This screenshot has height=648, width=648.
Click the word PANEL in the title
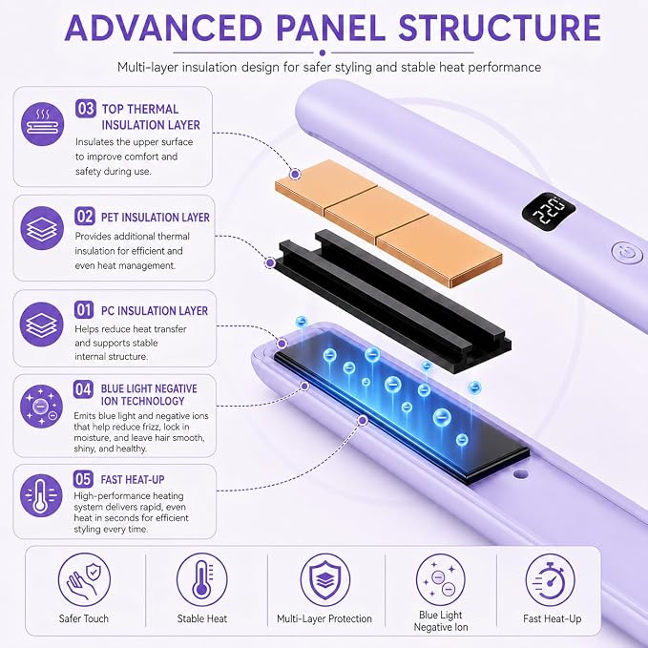pos(330,28)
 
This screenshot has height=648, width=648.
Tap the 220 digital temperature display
pos(549,211)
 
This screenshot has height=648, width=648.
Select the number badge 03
pos(86,109)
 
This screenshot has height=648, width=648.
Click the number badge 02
pos(85,216)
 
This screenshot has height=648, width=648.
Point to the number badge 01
pos(84,309)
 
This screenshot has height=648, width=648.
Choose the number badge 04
pos(83,388)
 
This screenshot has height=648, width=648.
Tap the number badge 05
pos(83,479)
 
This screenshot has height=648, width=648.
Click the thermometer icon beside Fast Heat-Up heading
pos(41,495)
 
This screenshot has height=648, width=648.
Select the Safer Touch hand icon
pos(84,579)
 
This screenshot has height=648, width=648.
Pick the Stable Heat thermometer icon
pos(202,579)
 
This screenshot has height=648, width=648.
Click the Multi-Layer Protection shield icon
pos(324,579)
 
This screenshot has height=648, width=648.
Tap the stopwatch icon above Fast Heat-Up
pos(550,579)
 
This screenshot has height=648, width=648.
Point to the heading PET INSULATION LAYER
pos(155,217)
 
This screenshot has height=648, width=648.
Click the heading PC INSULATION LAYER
pos(155,311)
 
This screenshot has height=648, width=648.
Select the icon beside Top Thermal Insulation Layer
pos(43,124)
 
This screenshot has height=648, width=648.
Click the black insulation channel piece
pos(392,302)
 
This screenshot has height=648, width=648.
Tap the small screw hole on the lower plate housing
pos(520,474)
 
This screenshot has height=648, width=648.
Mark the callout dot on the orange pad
pos(295,174)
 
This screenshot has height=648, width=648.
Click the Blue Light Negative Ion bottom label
pos(441,620)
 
